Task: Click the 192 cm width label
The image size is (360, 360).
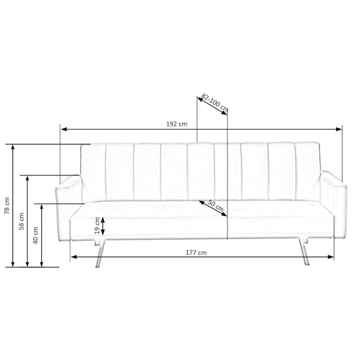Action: pos(176,124)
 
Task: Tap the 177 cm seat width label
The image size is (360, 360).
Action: pos(196,253)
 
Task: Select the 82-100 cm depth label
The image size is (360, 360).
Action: pos(215,103)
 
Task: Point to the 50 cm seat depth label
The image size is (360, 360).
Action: pos(216,205)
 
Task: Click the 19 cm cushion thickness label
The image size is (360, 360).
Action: pos(97,226)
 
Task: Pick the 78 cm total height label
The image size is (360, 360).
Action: pos(7,206)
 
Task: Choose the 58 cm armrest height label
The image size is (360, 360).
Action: pos(22,221)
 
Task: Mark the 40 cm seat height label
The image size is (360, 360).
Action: pos(35,235)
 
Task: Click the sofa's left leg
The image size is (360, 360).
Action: pos(100,254)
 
